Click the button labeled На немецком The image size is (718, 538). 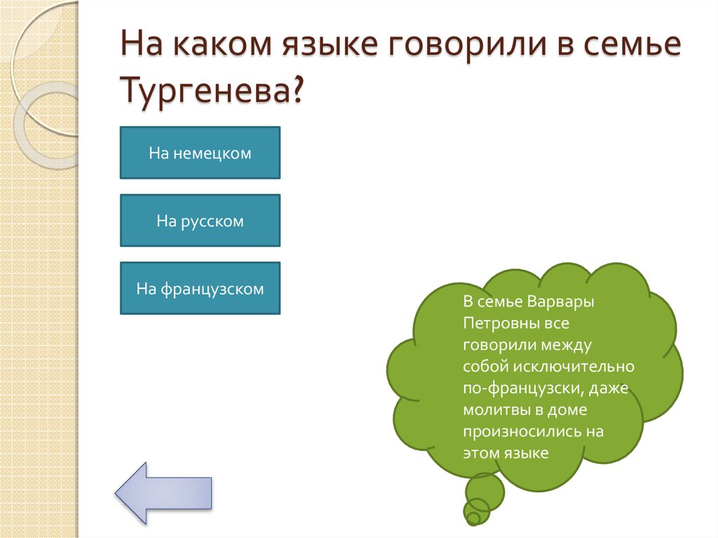point(200,153)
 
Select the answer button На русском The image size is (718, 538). point(200,221)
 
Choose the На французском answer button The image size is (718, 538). point(200,288)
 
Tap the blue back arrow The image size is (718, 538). point(163,492)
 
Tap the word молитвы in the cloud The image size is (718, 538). point(495,410)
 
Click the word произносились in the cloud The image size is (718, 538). point(520,431)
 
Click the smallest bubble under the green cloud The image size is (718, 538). point(473,518)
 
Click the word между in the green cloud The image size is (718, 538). point(567,345)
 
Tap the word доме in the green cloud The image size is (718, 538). point(569,410)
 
